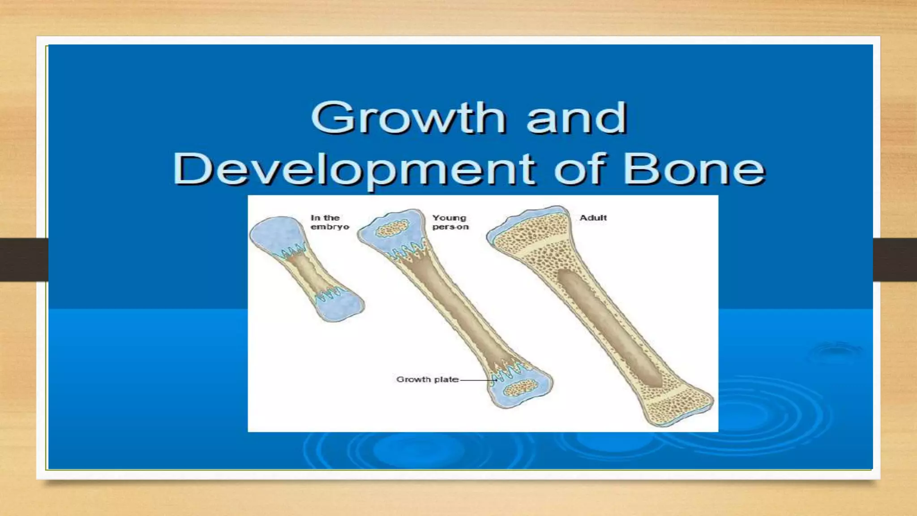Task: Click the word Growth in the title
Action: (408, 117)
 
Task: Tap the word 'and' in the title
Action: (576, 117)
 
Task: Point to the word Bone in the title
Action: (694, 169)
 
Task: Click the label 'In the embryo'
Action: (329, 222)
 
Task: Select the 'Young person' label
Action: (450, 222)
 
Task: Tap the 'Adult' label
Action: (593, 218)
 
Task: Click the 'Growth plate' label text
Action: (427, 379)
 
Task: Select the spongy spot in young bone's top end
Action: (393, 228)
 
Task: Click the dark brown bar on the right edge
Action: (895, 260)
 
